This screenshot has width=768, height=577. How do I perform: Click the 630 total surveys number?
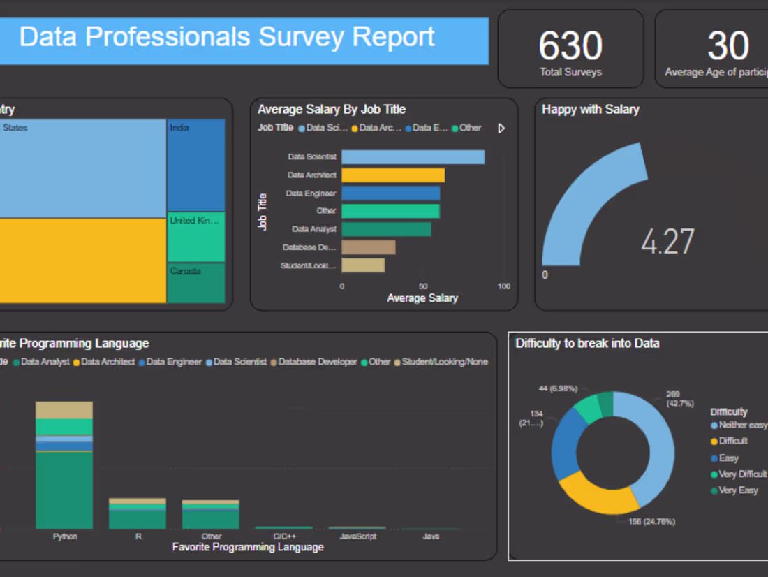click(570, 46)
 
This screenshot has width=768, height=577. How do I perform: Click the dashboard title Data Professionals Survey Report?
click(227, 37)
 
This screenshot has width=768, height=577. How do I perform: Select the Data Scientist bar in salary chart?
click(413, 157)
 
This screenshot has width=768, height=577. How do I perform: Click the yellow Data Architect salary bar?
click(393, 175)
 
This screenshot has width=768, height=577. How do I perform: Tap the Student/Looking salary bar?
click(363, 265)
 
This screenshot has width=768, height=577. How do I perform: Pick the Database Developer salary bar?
click(368, 247)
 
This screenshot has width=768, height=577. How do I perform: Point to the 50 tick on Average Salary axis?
click(422, 286)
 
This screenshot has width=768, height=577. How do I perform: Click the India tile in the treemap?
click(195, 166)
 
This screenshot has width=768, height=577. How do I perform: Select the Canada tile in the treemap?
click(195, 283)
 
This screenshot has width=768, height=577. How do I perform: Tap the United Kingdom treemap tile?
click(195, 238)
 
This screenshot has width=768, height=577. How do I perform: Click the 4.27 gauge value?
click(667, 242)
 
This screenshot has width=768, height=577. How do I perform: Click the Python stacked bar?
click(64, 465)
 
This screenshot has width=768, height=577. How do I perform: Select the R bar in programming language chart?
click(138, 513)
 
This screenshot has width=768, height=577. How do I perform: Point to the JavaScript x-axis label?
click(357, 536)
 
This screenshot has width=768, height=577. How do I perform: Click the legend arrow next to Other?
click(501, 129)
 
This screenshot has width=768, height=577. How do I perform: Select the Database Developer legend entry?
click(318, 362)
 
